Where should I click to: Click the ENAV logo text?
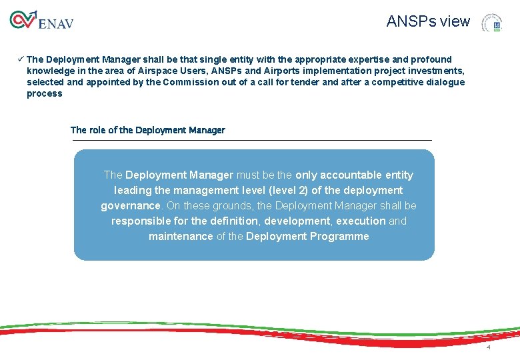click(56, 24)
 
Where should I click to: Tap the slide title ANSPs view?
click(428, 21)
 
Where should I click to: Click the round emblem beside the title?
click(492, 23)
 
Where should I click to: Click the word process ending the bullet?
click(44, 93)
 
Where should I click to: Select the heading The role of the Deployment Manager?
click(147, 130)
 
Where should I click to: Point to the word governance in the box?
click(131, 205)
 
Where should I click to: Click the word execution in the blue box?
click(361, 221)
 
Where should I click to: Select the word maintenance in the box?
click(181, 236)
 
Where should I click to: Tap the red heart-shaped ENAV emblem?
click(22, 20)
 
